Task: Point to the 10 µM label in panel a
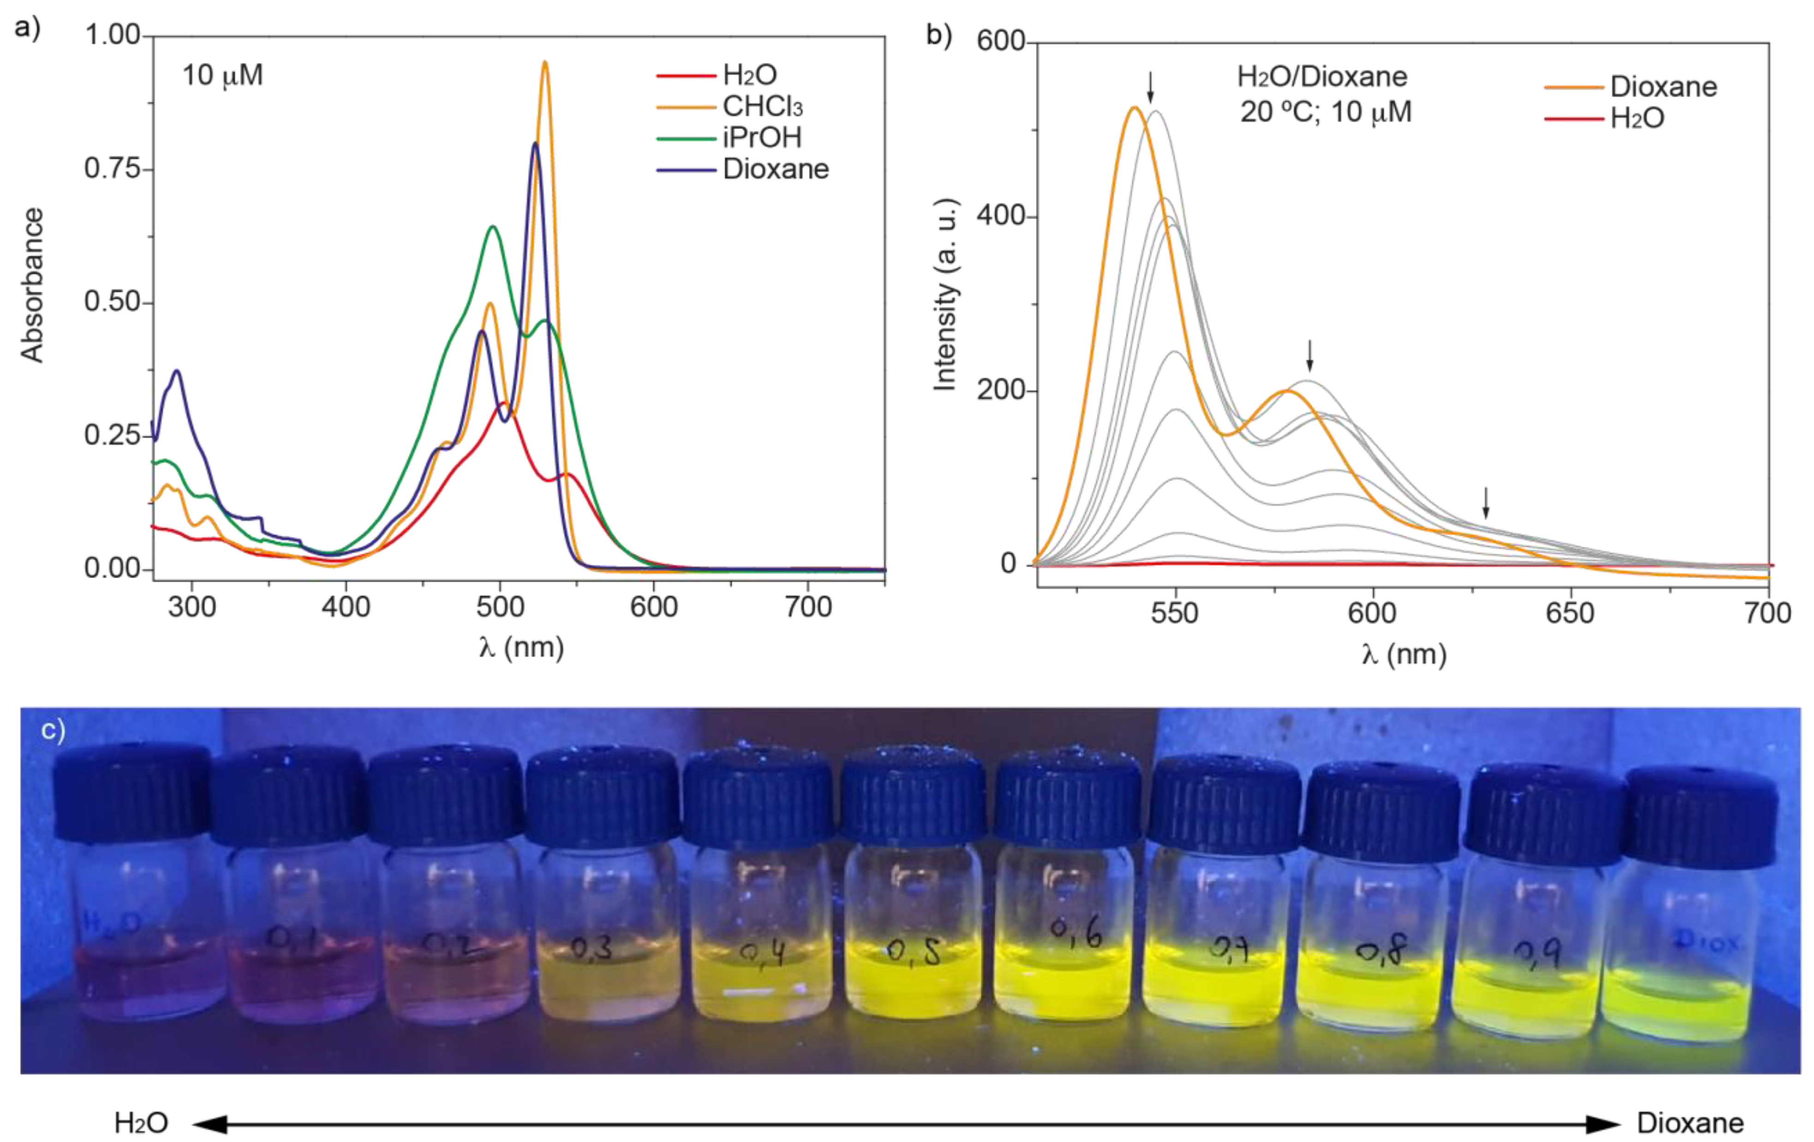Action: (x=222, y=75)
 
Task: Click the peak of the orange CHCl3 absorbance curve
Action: (x=545, y=63)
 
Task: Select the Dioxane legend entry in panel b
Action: (x=1663, y=87)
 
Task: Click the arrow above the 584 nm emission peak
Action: (x=1310, y=355)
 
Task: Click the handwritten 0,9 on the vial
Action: (x=1537, y=956)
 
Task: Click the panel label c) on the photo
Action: (x=53, y=729)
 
